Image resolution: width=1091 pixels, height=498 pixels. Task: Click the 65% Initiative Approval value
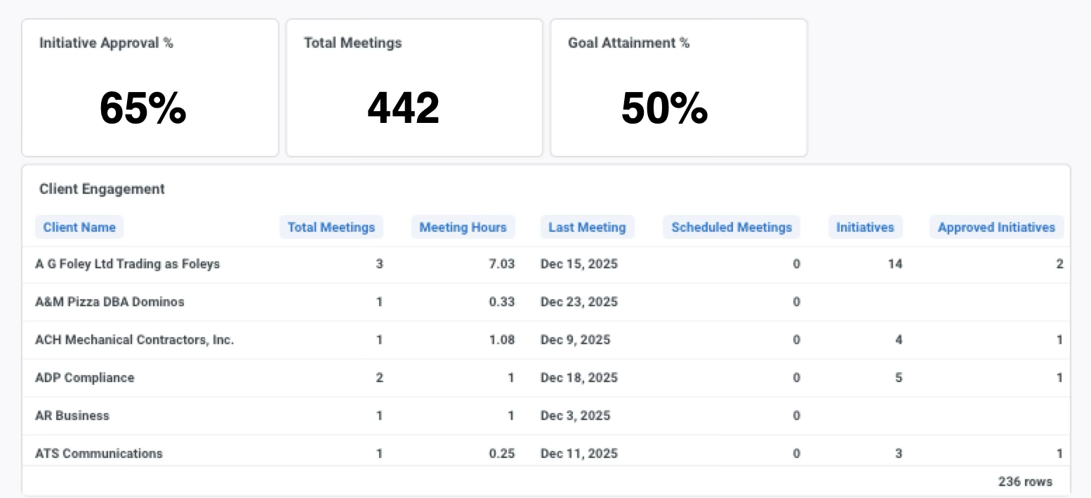pyautogui.click(x=143, y=108)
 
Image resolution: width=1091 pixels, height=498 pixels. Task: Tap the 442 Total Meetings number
pyautogui.click(x=404, y=108)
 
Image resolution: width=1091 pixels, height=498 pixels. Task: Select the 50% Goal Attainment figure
pyautogui.click(x=664, y=108)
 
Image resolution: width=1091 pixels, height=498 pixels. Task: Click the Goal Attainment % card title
pyautogui.click(x=628, y=43)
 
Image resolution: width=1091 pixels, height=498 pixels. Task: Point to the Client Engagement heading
pyautogui.click(x=102, y=189)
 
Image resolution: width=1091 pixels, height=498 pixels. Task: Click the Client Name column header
pyautogui.click(x=79, y=227)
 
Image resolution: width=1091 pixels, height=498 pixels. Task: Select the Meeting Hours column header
pyautogui.click(x=463, y=227)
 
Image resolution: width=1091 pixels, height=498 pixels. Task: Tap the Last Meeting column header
pyautogui.click(x=587, y=227)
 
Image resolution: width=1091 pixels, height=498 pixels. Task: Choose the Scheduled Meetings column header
pyautogui.click(x=731, y=227)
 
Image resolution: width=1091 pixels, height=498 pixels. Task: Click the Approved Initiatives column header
pyautogui.click(x=996, y=227)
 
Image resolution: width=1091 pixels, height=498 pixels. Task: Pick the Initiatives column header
pyautogui.click(x=865, y=227)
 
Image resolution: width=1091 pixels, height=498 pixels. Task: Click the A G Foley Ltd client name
pyautogui.click(x=127, y=264)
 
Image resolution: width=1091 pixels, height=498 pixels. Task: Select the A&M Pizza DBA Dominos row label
pyautogui.click(x=110, y=302)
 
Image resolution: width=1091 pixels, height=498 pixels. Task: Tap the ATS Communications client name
pyautogui.click(x=99, y=453)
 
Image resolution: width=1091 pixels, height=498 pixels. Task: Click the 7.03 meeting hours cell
pyautogui.click(x=502, y=264)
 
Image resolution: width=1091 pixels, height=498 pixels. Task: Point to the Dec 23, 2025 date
pyautogui.click(x=578, y=302)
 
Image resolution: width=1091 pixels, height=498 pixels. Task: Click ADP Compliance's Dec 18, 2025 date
pyautogui.click(x=578, y=378)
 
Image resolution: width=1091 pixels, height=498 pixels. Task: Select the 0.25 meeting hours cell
pyautogui.click(x=502, y=453)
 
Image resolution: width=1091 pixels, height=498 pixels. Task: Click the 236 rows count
pyautogui.click(x=1025, y=482)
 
